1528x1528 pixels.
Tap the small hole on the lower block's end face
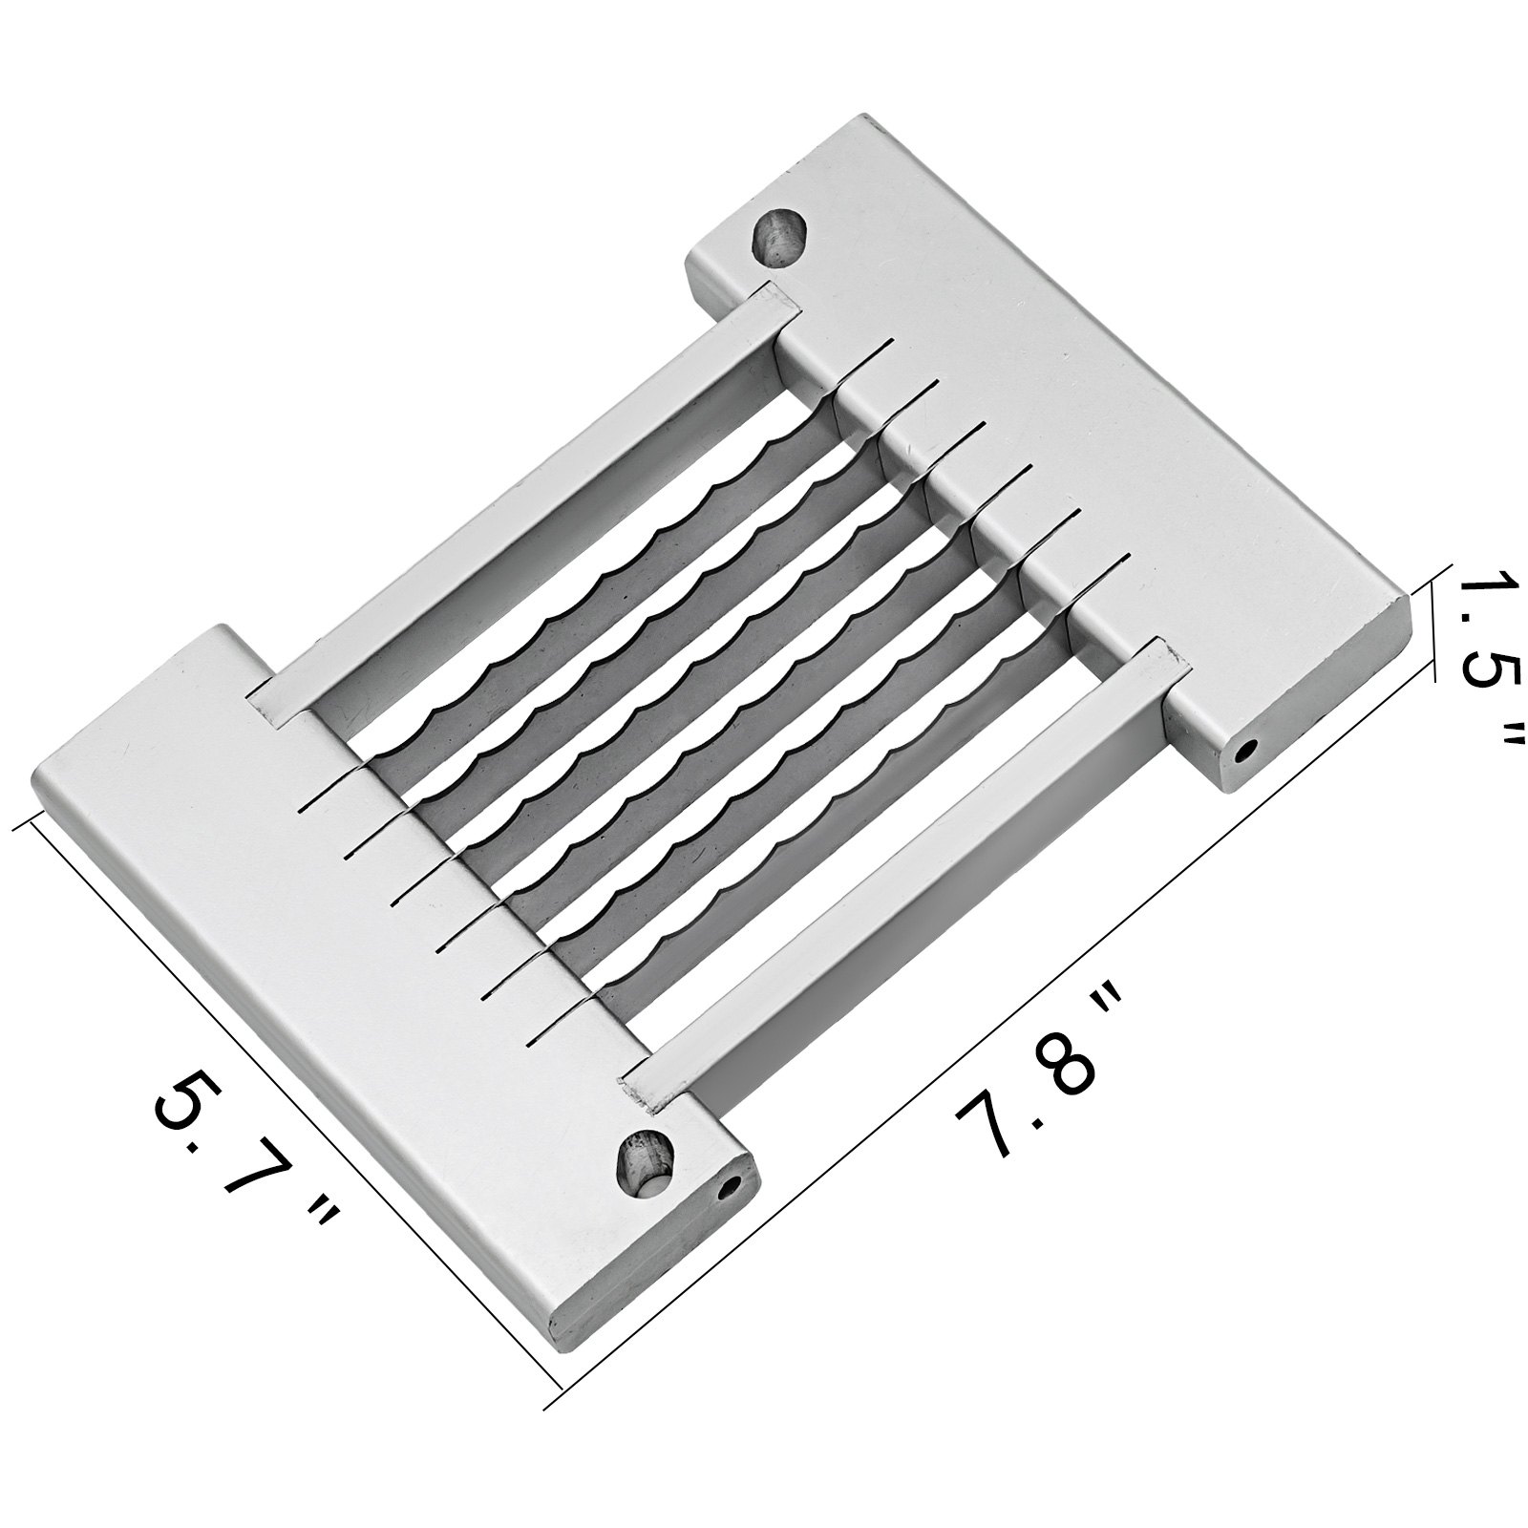tap(731, 1190)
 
